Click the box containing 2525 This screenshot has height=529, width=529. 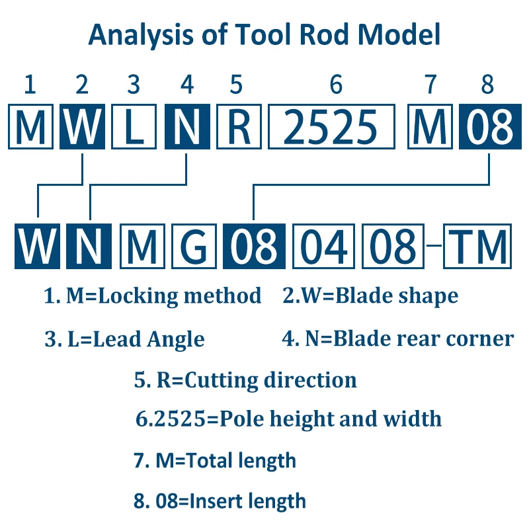pos(335,126)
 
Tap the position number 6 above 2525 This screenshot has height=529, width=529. pos(336,85)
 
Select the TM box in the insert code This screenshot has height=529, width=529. pos(477,246)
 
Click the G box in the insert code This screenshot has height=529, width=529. pos(193,246)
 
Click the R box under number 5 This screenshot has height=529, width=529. pos(239,126)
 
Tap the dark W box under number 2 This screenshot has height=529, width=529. pos(82,126)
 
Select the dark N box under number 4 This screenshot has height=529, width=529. pos(187,126)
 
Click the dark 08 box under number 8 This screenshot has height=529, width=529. pos(488,126)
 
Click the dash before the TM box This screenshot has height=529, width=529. pos(434,246)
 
